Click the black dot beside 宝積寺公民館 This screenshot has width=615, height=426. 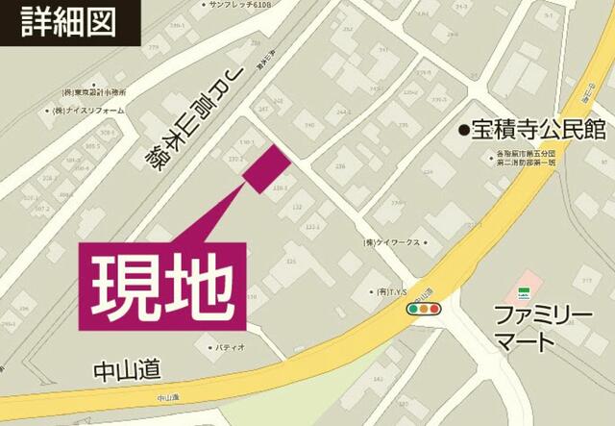click(463, 130)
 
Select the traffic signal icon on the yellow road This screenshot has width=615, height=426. click(423, 310)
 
